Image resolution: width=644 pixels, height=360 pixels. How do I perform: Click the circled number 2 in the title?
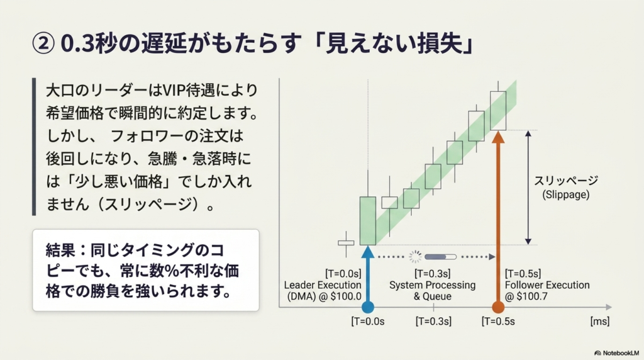click(43, 43)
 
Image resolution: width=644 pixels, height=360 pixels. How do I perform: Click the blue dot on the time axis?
click(367, 307)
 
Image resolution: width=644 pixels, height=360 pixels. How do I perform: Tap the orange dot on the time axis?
click(498, 307)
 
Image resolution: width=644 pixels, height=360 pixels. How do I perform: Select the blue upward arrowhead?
click(367, 252)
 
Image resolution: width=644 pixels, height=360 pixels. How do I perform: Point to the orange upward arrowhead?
click(498, 137)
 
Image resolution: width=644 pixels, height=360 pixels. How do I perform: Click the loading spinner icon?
click(415, 257)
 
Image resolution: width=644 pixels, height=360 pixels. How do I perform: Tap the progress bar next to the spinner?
click(441, 257)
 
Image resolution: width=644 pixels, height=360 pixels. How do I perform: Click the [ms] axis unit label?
click(599, 322)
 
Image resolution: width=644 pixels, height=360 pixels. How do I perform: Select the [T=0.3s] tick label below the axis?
click(433, 322)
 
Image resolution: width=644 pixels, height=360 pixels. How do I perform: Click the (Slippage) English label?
click(566, 194)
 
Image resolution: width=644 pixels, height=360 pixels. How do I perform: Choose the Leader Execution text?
click(323, 285)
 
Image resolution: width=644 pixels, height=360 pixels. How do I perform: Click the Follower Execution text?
click(547, 285)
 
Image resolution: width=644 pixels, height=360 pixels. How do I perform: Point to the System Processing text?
click(433, 285)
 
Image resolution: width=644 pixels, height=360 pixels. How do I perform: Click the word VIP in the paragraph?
click(174, 90)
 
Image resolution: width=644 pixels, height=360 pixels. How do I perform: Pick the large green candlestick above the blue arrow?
click(367, 221)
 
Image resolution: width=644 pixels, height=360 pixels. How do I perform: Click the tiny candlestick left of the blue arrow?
click(346, 243)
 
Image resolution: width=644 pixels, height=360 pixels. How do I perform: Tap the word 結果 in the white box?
click(60, 250)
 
